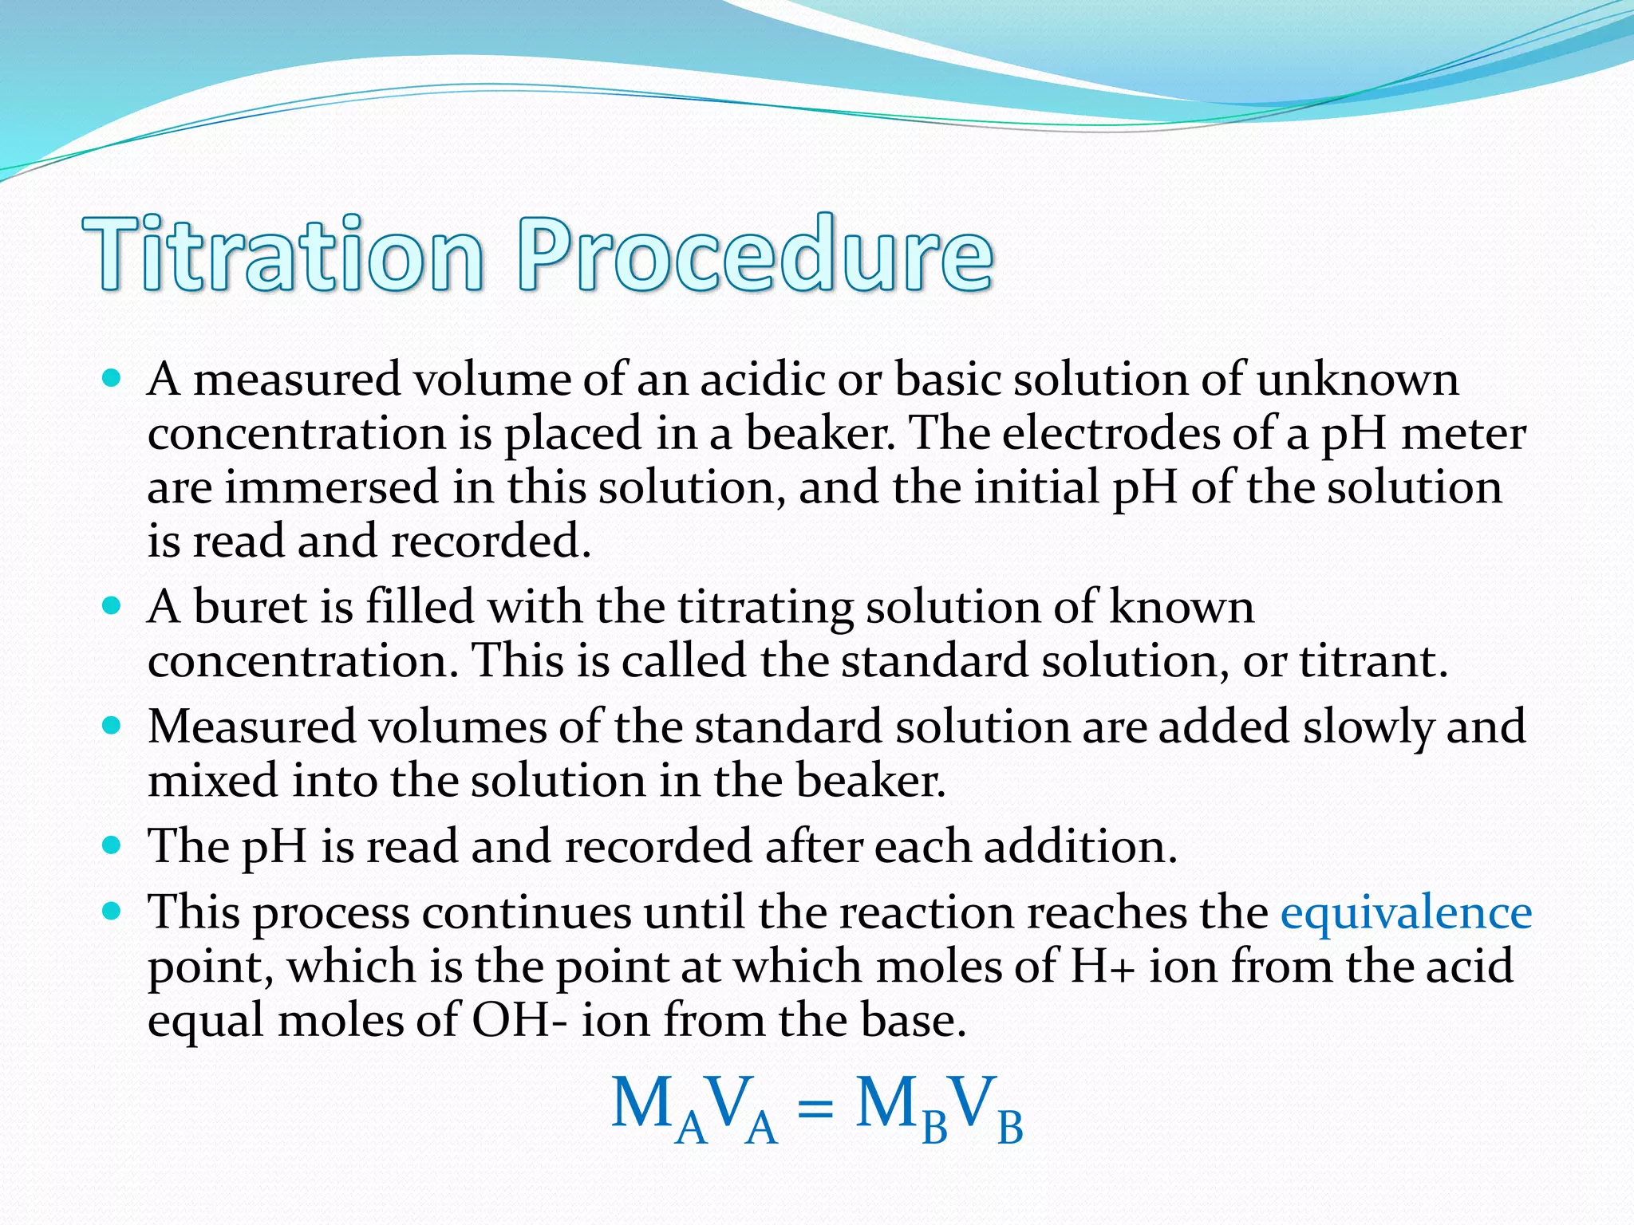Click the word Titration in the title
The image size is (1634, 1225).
283,254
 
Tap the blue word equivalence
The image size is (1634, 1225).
1406,913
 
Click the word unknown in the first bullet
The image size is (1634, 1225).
1357,380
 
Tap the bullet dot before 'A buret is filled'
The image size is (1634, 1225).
112,606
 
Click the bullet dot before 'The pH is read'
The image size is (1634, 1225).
112,845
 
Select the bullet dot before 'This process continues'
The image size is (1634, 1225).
112,911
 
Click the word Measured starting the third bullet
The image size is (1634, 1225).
251,727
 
